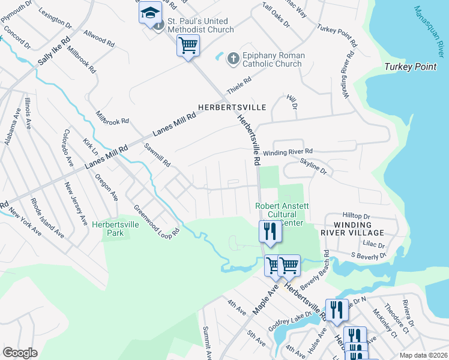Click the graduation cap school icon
coord(150,13)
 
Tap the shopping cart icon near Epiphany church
coord(188,45)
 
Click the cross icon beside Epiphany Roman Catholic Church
coord(234,59)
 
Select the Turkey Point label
coord(411,67)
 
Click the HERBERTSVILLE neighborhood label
coord(232,107)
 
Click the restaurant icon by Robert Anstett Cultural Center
coord(270,231)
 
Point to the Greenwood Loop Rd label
coord(157,223)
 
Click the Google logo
coord(20,353)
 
